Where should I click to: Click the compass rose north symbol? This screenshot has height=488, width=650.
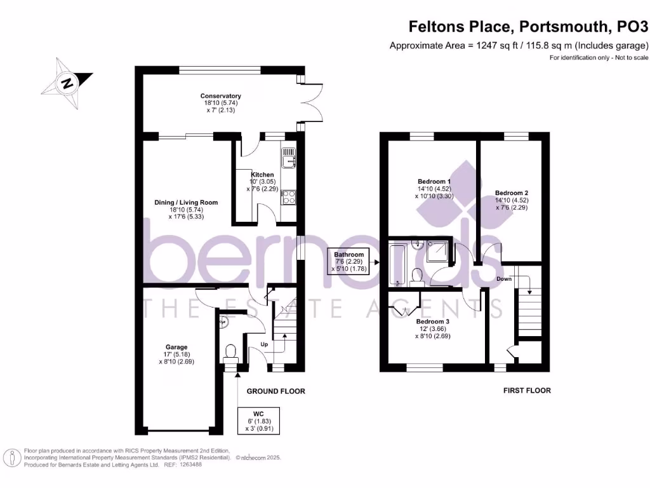pyautogui.click(x=66, y=83)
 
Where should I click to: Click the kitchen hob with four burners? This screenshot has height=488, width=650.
pyautogui.click(x=289, y=198)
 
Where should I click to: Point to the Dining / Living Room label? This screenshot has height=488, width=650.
pyautogui.click(x=186, y=203)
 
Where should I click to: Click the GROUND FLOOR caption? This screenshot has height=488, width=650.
pyautogui.click(x=275, y=391)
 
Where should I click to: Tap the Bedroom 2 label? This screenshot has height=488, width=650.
pyautogui.click(x=512, y=193)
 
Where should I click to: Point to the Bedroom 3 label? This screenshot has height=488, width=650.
pyautogui.click(x=433, y=322)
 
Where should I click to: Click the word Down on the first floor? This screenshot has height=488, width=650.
pyautogui.click(x=505, y=278)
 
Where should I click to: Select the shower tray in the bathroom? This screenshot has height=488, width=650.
pyautogui.click(x=437, y=254)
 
